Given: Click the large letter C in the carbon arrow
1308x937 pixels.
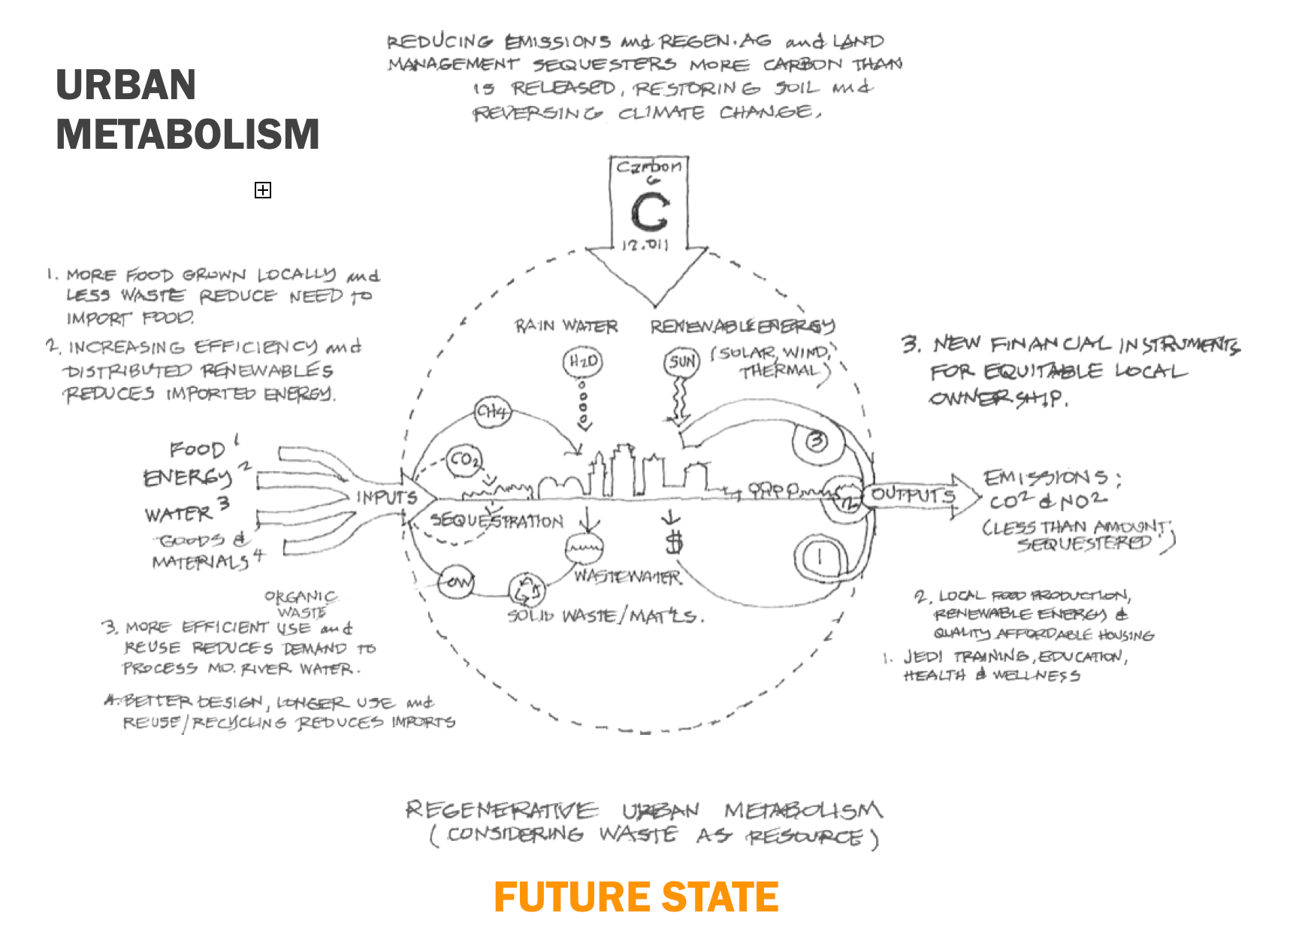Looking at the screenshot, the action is pos(650,213).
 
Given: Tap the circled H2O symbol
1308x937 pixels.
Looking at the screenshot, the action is pos(582,362).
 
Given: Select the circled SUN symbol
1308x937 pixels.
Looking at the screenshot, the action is pos(681,363).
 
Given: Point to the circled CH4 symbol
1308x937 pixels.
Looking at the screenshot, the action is pos(492,412).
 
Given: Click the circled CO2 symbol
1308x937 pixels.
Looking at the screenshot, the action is pos(464,460).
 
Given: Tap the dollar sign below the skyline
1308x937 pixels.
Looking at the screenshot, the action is pos(675,541).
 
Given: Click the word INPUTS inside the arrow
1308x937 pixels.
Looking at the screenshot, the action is pos(386,497).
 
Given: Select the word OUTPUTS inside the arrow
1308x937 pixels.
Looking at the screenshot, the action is pos(913,495).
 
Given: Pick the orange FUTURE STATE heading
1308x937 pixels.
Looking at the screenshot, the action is pos(636,897).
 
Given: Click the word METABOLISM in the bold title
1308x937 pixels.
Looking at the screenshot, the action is pos(188,134).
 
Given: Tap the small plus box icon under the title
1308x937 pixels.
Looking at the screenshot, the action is pos(262,190).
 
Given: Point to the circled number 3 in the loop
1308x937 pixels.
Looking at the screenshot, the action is pos(817,441).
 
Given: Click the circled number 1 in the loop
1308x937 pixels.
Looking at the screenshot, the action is pos(820,557).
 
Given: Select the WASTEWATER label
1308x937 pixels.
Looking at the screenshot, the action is pos(627,577).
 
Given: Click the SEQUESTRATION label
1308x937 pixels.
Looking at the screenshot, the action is pos(497,521).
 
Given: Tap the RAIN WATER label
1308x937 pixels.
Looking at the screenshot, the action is pos(566,326).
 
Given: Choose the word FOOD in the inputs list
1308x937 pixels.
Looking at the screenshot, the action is pos(197,449).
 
